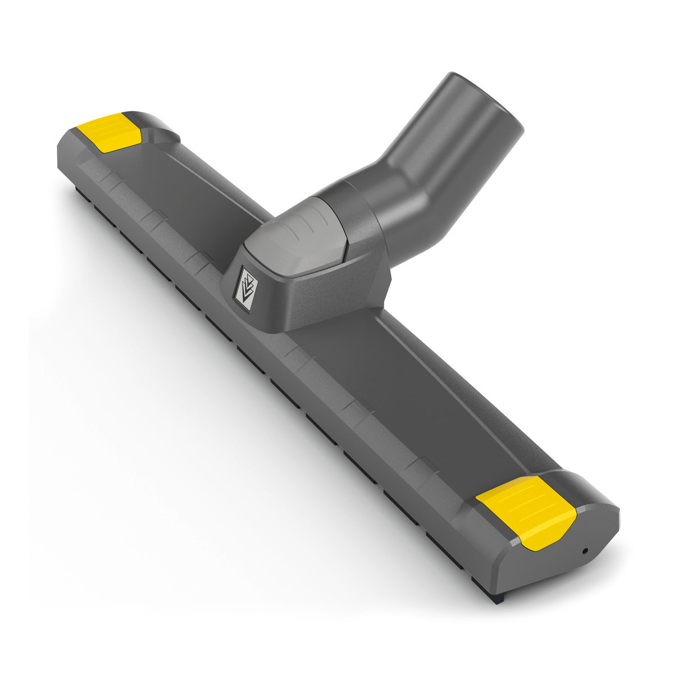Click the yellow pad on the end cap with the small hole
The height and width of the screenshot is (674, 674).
point(525,511)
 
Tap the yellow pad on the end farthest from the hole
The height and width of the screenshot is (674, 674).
point(110,131)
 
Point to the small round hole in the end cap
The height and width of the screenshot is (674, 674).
point(585,551)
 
